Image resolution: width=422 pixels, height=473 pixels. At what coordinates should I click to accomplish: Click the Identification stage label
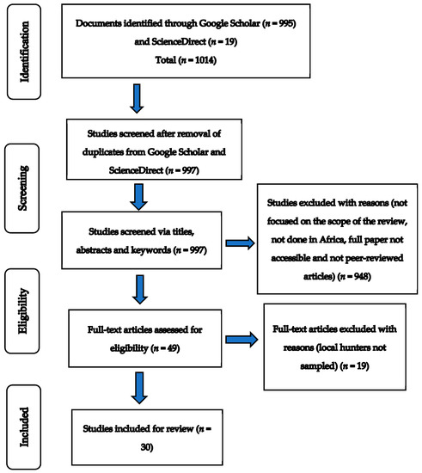(24, 52)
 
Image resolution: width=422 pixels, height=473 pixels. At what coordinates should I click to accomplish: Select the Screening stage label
(22, 188)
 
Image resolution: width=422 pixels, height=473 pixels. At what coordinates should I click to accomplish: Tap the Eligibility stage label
(23, 311)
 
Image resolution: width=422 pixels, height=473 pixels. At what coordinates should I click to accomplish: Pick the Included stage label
(24, 427)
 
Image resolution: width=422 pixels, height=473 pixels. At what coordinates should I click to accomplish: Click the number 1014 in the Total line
(205, 60)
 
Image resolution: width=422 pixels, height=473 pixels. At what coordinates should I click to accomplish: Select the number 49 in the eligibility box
(172, 348)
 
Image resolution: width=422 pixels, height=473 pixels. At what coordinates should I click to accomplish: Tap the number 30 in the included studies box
(145, 446)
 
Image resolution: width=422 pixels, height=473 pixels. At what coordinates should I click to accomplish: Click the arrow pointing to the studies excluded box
(241, 243)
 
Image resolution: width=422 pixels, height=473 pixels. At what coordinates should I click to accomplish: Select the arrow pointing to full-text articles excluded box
(242, 340)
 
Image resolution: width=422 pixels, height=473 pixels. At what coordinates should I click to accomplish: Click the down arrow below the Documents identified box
(137, 99)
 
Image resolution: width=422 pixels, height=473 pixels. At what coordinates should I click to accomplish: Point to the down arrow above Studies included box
(139, 388)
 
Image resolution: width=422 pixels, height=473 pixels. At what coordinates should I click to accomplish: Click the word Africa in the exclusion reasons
(332, 240)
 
